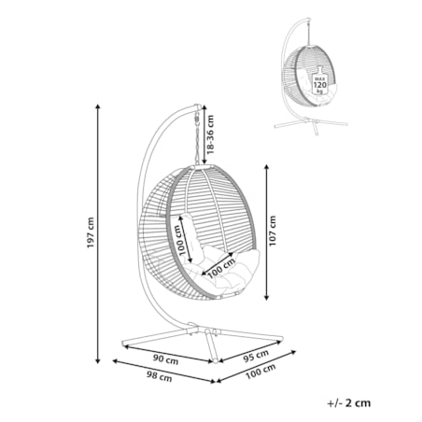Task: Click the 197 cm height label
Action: (91, 232)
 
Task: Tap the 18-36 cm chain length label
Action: (211, 134)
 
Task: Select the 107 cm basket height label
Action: (273, 231)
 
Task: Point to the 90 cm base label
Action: (165, 359)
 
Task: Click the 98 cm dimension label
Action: (159, 376)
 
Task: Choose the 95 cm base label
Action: (256, 356)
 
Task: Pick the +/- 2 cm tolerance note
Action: (349, 403)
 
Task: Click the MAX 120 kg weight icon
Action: (320, 80)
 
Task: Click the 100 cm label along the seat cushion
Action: (221, 269)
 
